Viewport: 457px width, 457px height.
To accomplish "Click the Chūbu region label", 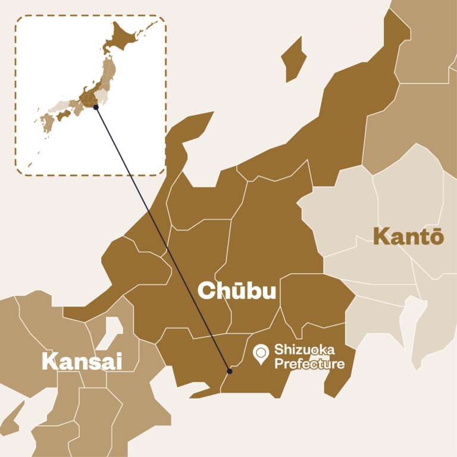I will point(236,291).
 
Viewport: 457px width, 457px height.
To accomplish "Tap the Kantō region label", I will point(408,237).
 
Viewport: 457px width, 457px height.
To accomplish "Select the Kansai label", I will point(81,361).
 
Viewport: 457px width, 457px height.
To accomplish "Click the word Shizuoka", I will point(304,349).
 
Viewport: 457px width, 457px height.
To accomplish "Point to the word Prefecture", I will point(309,363).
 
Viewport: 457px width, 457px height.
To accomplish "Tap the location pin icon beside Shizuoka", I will point(261,355).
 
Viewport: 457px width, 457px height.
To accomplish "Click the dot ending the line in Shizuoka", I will point(230,371).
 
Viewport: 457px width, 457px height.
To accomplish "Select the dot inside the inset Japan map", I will point(96,107).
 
